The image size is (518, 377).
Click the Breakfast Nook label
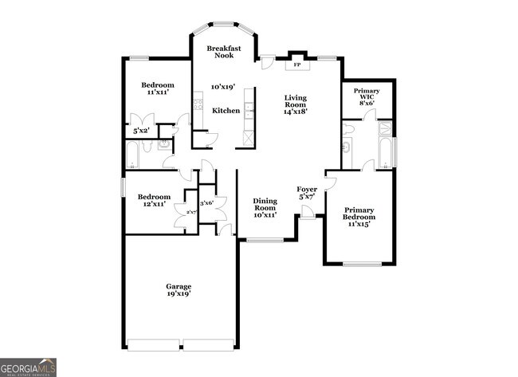[224, 53]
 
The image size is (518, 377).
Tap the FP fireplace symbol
[296, 64]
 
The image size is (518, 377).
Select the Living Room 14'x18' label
[296, 104]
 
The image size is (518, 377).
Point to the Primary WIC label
[367, 96]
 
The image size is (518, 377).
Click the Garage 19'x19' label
[179, 290]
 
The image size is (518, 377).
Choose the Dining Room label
[265, 207]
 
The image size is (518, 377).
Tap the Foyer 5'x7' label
[307, 192]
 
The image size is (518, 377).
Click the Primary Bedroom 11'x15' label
[359, 217]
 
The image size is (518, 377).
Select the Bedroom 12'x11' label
[154, 201]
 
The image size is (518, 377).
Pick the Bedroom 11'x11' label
[158, 88]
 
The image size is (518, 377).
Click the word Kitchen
[226, 111]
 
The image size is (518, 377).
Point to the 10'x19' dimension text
[225, 86]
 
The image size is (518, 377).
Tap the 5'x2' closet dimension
[142, 130]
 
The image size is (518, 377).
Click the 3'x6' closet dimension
[207, 203]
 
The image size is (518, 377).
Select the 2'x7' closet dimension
[190, 212]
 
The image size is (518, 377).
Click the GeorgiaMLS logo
[28, 367]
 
